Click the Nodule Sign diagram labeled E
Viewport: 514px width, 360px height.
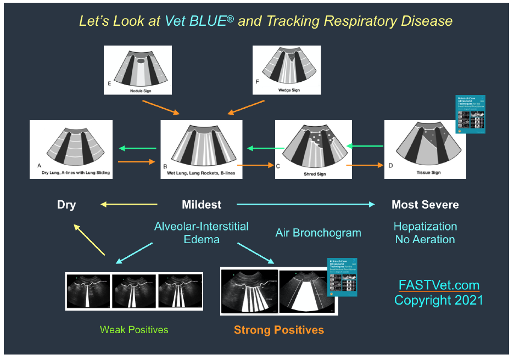tap(138, 70)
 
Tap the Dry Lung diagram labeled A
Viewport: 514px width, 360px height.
tap(71, 149)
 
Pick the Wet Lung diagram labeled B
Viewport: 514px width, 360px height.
tap(201, 149)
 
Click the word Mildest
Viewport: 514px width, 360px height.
tap(202, 205)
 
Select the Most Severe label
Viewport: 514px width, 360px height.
tap(425, 205)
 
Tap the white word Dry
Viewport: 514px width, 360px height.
tap(66, 205)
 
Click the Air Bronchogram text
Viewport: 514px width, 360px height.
tap(318, 233)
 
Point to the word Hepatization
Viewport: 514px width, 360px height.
tap(425, 226)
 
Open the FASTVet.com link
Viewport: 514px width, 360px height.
tap(439, 286)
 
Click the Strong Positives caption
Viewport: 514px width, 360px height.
tap(278, 330)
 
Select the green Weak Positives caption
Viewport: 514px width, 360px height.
tap(134, 330)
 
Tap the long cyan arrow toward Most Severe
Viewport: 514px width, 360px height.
tap(305, 204)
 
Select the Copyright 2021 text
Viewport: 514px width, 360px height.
tap(439, 300)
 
